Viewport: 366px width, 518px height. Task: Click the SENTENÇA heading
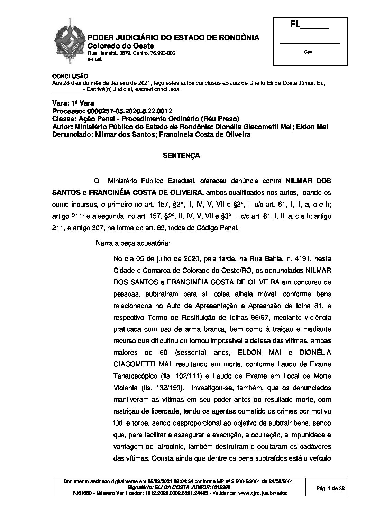coord(181,156)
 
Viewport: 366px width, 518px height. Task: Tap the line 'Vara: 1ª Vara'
coord(73,103)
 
